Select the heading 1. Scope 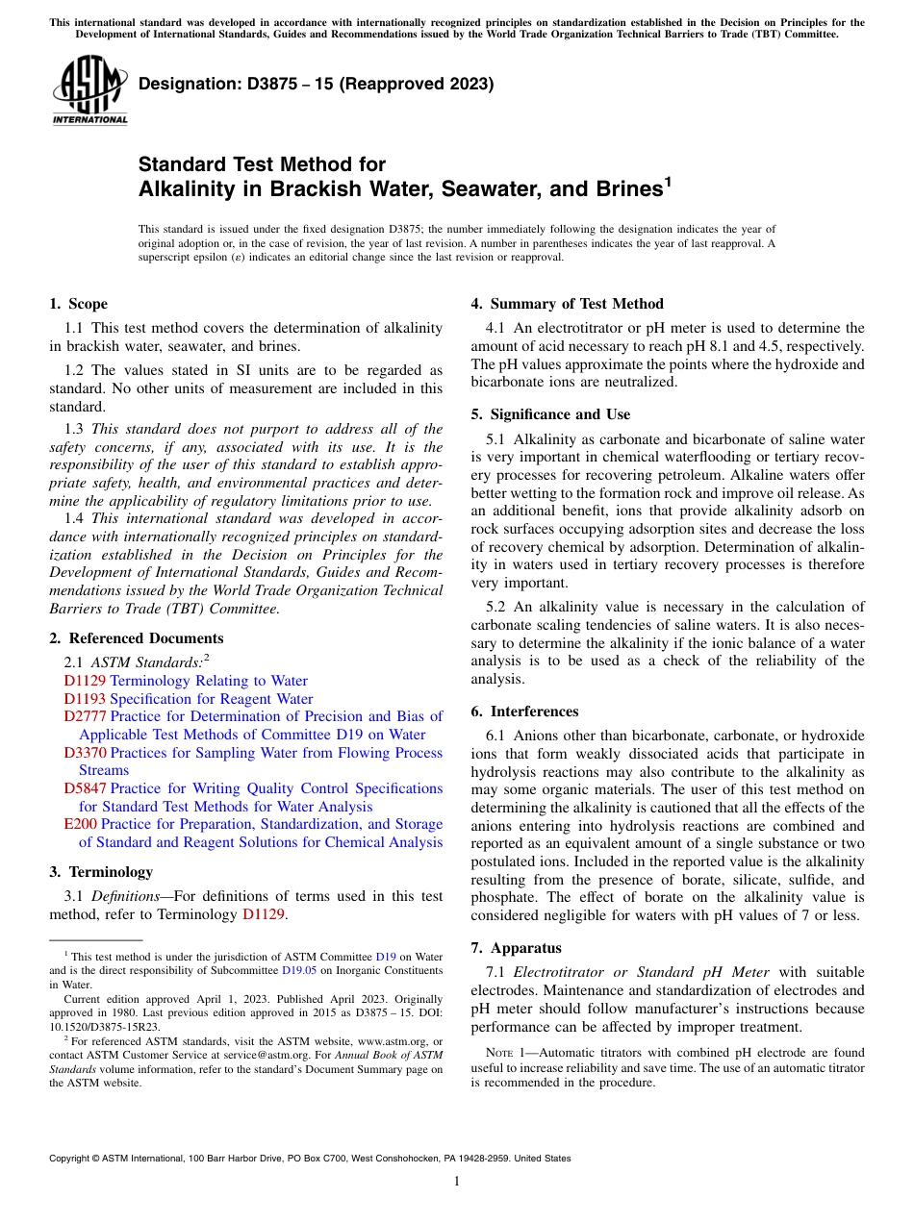point(78,304)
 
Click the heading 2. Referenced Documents point(136,638)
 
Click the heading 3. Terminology point(101,872)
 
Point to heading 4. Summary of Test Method point(567,304)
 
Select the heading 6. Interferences point(524,711)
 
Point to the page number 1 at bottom point(457,1182)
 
